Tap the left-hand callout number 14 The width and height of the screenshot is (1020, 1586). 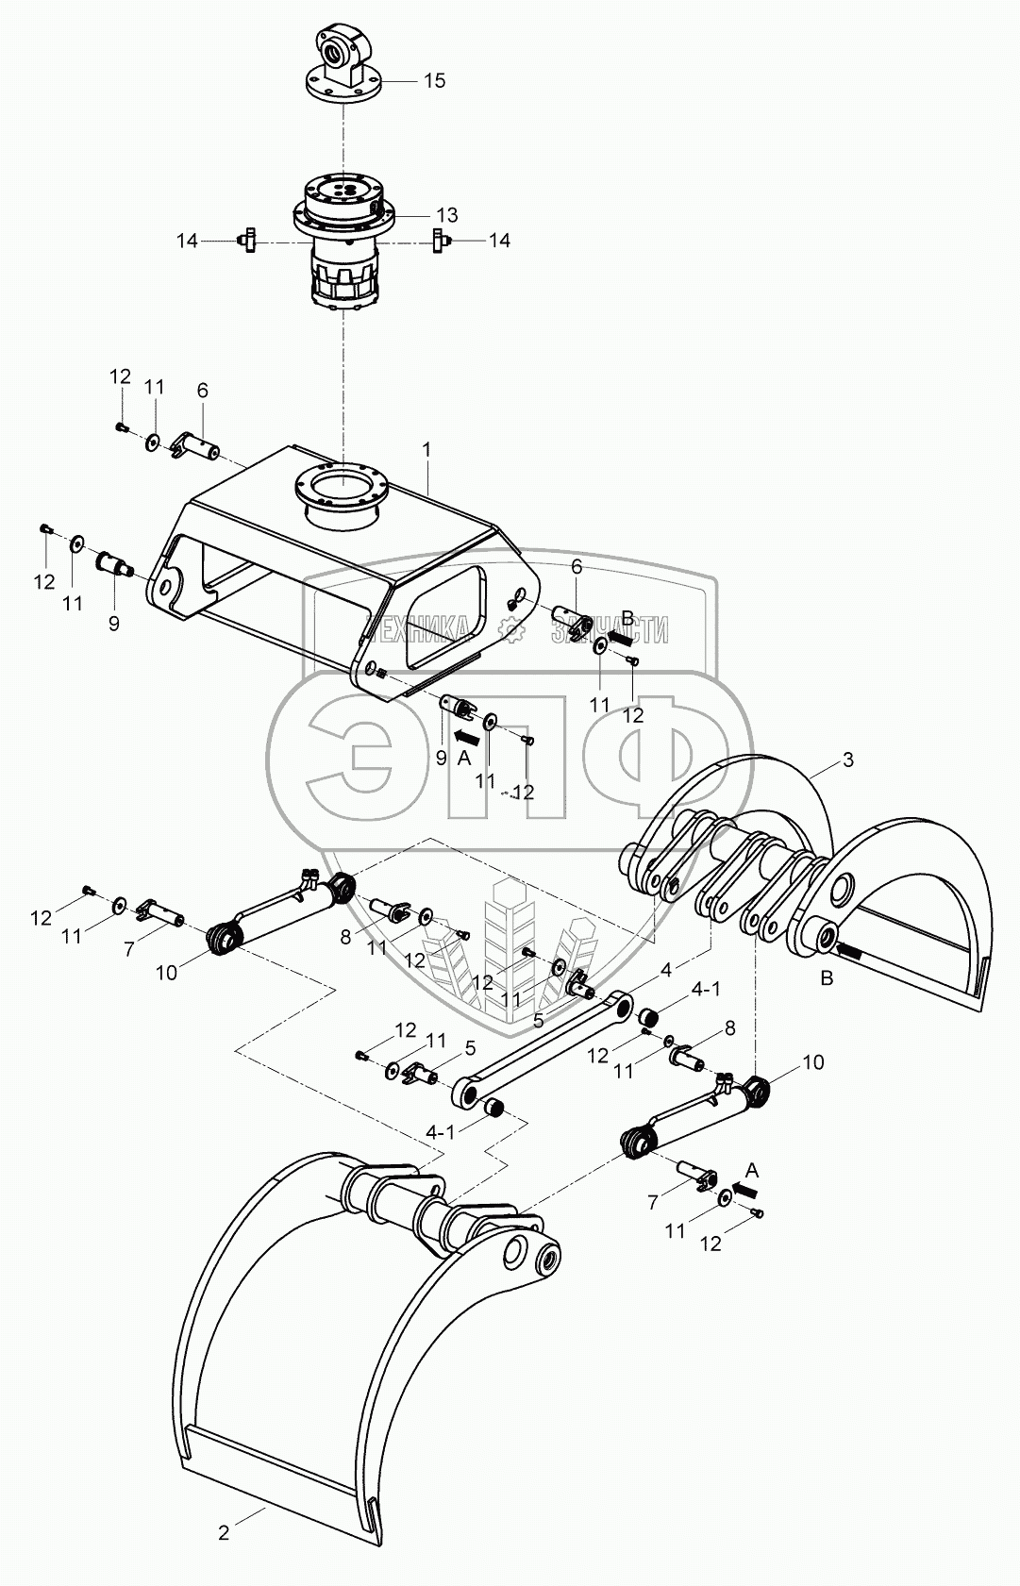click(187, 241)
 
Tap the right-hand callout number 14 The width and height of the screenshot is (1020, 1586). click(498, 241)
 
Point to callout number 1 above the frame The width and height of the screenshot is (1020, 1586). click(426, 450)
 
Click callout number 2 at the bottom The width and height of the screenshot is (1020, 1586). click(224, 1533)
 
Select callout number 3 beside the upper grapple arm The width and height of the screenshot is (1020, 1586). click(847, 760)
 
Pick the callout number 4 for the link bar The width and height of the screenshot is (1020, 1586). click(666, 970)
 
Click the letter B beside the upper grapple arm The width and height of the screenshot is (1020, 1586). click(827, 978)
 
